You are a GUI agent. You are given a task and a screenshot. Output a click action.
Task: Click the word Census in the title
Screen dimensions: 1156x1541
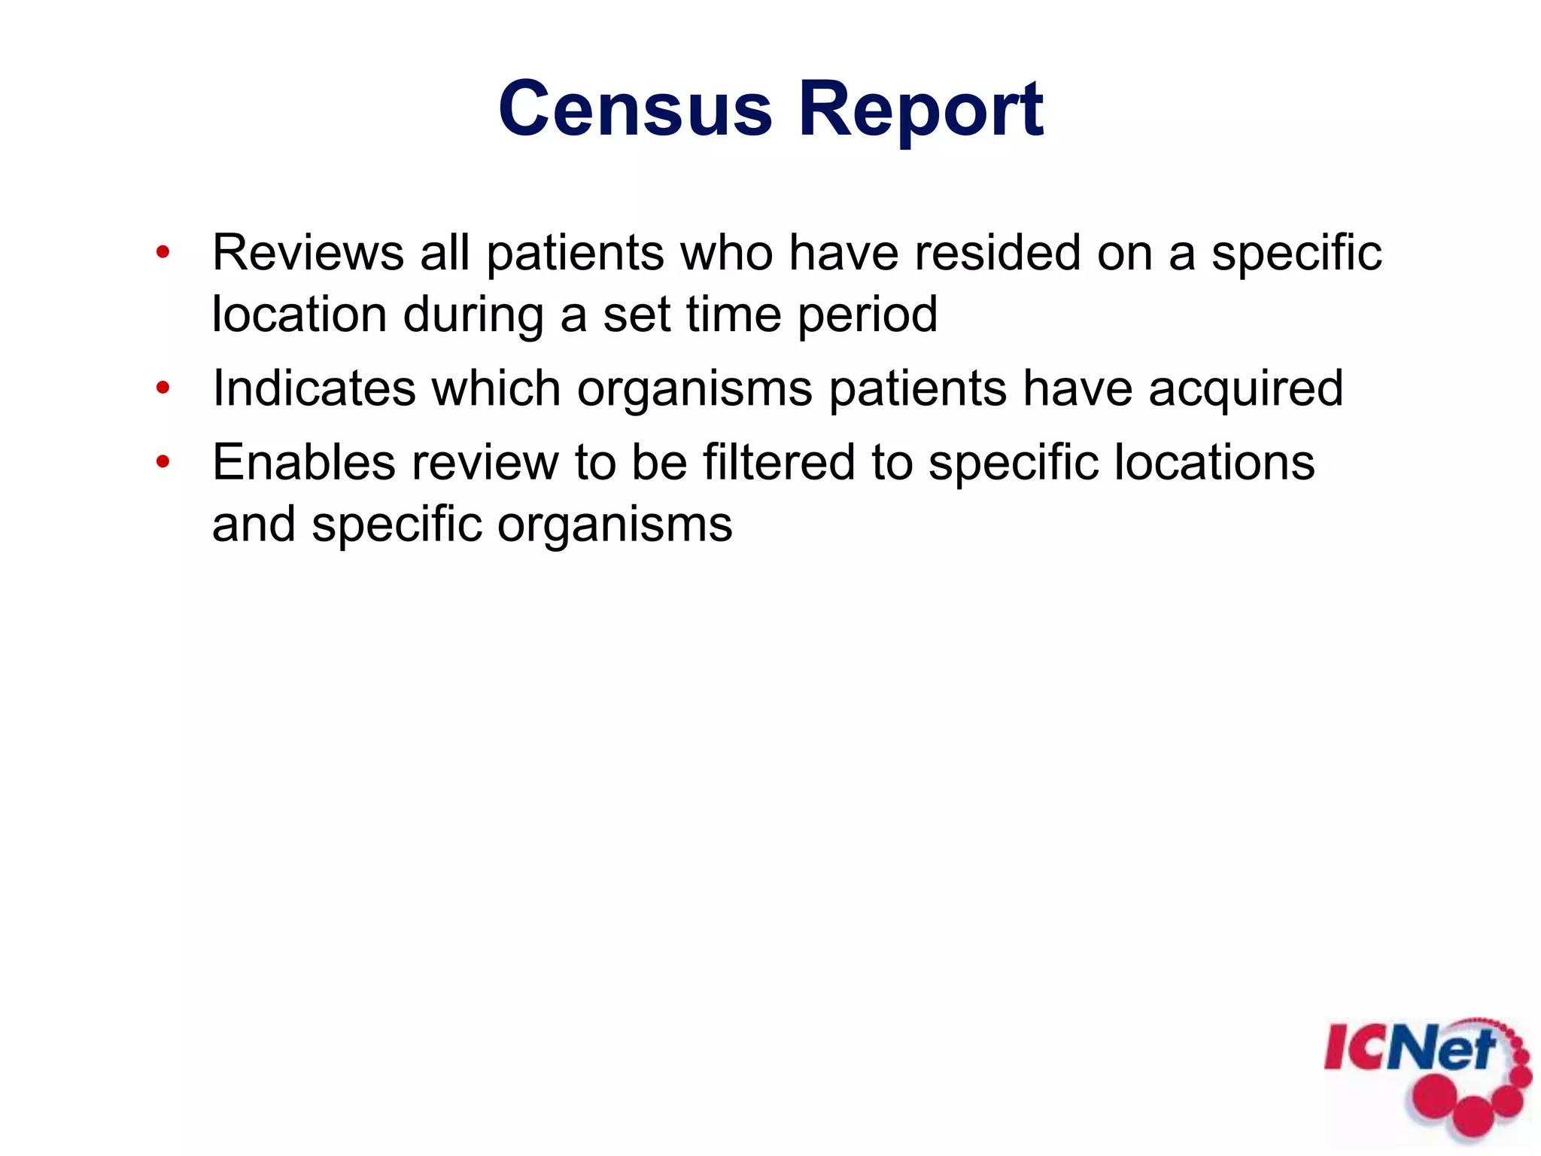635,110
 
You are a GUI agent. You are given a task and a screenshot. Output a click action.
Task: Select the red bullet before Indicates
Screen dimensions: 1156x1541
163,388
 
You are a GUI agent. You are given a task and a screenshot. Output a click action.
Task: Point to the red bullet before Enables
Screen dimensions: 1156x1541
163,462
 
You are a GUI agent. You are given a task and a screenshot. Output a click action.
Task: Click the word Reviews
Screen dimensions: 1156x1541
308,253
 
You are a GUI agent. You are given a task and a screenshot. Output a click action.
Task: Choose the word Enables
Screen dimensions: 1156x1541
304,462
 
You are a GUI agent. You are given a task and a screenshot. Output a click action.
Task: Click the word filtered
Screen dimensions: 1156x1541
779,462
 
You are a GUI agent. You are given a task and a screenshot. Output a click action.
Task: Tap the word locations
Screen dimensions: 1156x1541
1214,462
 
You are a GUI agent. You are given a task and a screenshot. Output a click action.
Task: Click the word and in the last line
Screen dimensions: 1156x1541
254,525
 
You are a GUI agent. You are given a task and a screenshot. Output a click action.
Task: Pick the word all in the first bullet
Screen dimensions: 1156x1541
445,253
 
